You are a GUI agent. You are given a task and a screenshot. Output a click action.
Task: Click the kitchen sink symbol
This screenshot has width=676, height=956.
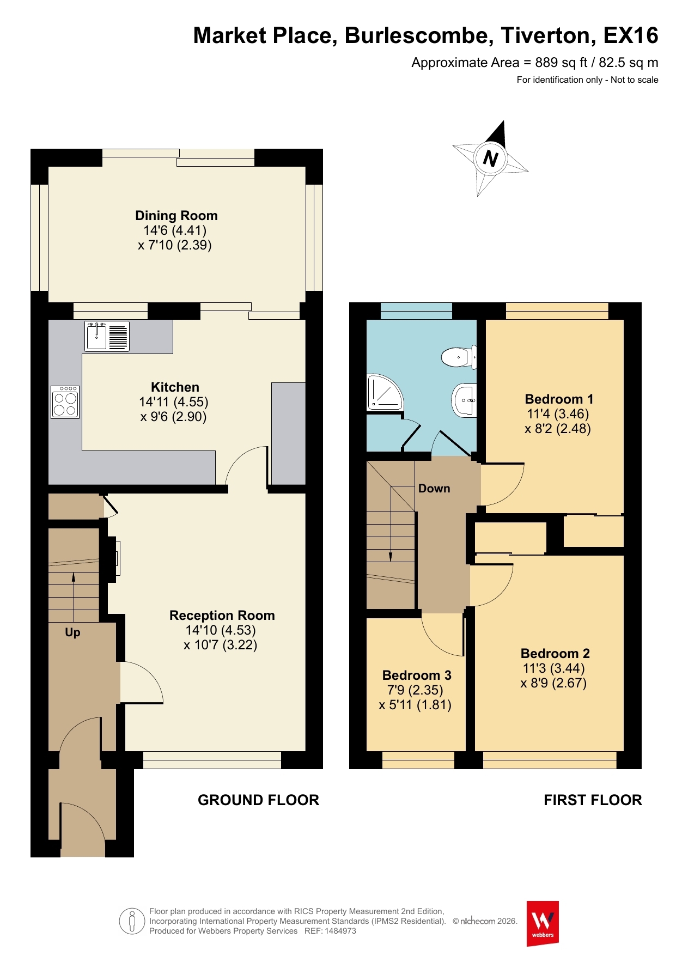click(107, 336)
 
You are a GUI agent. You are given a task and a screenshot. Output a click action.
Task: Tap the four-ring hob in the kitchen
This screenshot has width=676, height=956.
click(65, 402)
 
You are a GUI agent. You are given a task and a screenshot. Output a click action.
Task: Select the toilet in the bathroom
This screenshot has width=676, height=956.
click(459, 357)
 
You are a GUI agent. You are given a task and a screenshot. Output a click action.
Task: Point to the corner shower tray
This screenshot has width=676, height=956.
click(385, 392)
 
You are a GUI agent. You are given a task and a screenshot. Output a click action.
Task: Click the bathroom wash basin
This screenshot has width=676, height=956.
click(465, 400)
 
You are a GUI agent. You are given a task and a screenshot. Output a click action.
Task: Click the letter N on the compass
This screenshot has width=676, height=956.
click(490, 159)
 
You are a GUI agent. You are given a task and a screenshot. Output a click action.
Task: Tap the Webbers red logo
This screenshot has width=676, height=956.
click(543, 923)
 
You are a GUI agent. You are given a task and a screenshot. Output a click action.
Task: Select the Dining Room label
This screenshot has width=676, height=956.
click(176, 216)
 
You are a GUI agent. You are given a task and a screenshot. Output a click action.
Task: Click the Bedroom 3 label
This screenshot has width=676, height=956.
click(417, 675)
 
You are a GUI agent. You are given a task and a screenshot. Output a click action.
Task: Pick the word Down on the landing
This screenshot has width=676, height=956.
click(434, 489)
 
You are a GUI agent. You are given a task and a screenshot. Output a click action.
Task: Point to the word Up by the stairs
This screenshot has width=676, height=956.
click(72, 632)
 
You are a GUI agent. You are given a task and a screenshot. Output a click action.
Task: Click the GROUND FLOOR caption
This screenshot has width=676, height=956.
click(258, 800)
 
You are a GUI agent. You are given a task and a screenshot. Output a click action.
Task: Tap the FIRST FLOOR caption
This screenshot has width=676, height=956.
click(593, 800)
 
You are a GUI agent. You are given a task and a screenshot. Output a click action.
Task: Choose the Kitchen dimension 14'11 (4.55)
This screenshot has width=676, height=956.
click(174, 402)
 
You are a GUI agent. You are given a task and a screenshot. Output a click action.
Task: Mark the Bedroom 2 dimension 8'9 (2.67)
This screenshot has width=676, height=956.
click(553, 683)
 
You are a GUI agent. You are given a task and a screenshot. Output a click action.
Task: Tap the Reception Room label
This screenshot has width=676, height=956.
click(222, 616)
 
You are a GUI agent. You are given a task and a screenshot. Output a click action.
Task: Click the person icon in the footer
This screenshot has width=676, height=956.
click(132, 921)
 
